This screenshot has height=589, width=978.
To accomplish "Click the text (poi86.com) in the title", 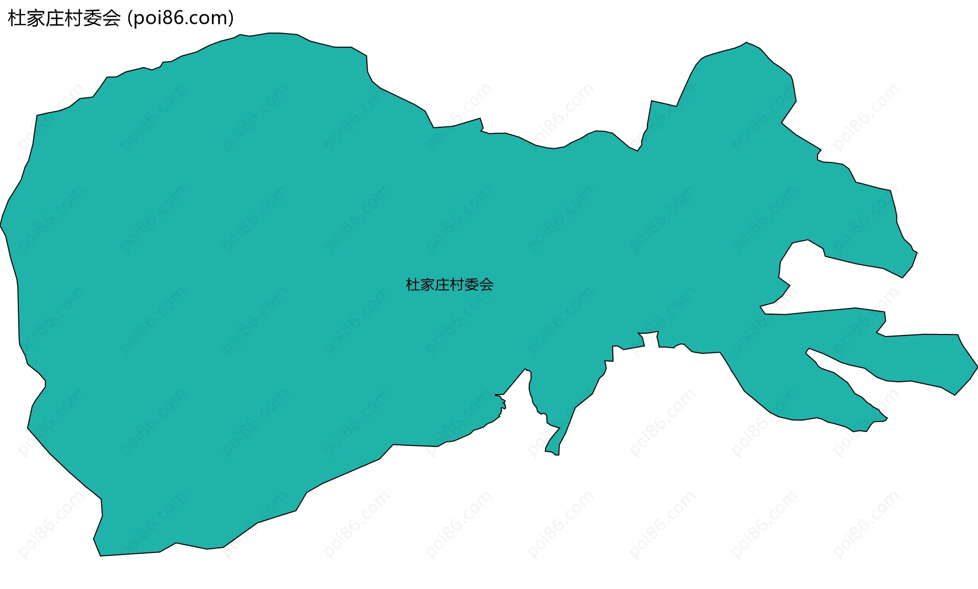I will [x=180, y=18].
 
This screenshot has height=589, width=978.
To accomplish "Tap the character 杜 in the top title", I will [x=17, y=18].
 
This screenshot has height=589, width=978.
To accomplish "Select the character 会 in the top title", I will [x=111, y=18].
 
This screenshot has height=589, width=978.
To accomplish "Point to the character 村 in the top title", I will [x=73, y=18].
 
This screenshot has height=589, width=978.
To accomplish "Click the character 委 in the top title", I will [x=92, y=18].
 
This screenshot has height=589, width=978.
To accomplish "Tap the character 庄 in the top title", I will [x=55, y=18].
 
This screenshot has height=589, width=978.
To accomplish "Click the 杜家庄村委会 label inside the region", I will [x=449, y=285].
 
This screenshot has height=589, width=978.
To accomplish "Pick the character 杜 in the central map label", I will [x=413, y=285].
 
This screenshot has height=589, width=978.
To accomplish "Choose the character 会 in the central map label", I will [x=486, y=285].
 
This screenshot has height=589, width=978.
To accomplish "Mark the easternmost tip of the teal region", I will [x=977, y=367].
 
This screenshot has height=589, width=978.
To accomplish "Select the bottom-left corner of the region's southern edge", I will [x=100, y=555].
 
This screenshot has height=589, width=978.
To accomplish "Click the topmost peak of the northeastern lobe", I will [x=747, y=43].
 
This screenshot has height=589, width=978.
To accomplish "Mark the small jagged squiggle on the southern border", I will [x=502, y=403].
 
